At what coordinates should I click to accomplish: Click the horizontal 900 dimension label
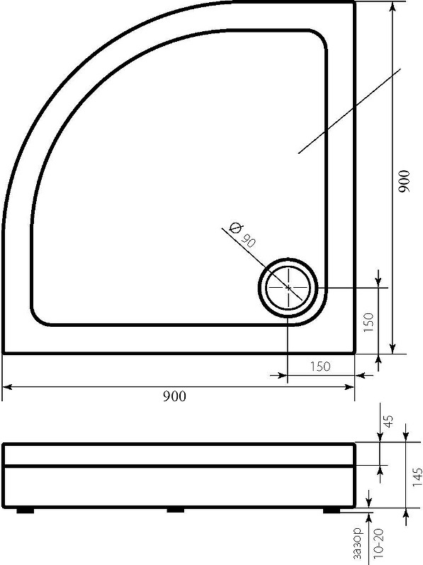pos(174,396)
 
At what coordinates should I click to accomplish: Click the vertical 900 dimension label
pos(405,181)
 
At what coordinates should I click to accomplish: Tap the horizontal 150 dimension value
pos(320,367)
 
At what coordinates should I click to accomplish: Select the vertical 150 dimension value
pos(368,323)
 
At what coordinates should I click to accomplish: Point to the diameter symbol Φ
pos(235,228)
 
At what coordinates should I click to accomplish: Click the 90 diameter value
pos(249,240)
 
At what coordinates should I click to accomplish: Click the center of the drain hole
pos(288,288)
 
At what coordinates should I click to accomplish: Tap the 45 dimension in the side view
pos(389,421)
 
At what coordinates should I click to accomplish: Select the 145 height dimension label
pos(417,477)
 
